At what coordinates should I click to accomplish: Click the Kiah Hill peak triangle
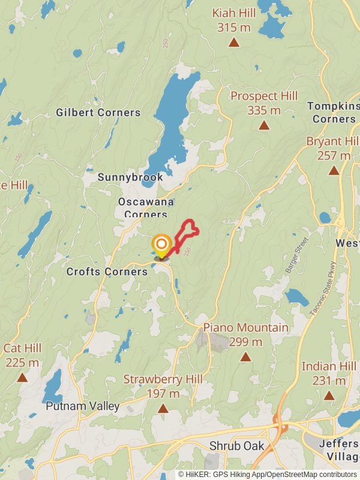tap(234, 43)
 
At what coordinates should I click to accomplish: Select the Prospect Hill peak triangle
tap(263, 125)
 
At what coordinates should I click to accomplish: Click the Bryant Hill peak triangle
tap(334, 171)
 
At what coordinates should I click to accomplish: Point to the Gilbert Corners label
tap(98, 112)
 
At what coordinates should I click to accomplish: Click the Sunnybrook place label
tap(130, 178)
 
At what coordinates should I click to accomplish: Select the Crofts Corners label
tap(107, 272)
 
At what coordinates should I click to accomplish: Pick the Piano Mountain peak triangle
tap(245, 357)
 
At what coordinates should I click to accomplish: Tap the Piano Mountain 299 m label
tap(245, 335)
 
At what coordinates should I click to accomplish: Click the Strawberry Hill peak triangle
tap(163, 409)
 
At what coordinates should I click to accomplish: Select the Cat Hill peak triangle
tap(22, 377)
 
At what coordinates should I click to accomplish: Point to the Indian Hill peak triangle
tap(329, 395)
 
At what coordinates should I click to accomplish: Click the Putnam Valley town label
tap(83, 406)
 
